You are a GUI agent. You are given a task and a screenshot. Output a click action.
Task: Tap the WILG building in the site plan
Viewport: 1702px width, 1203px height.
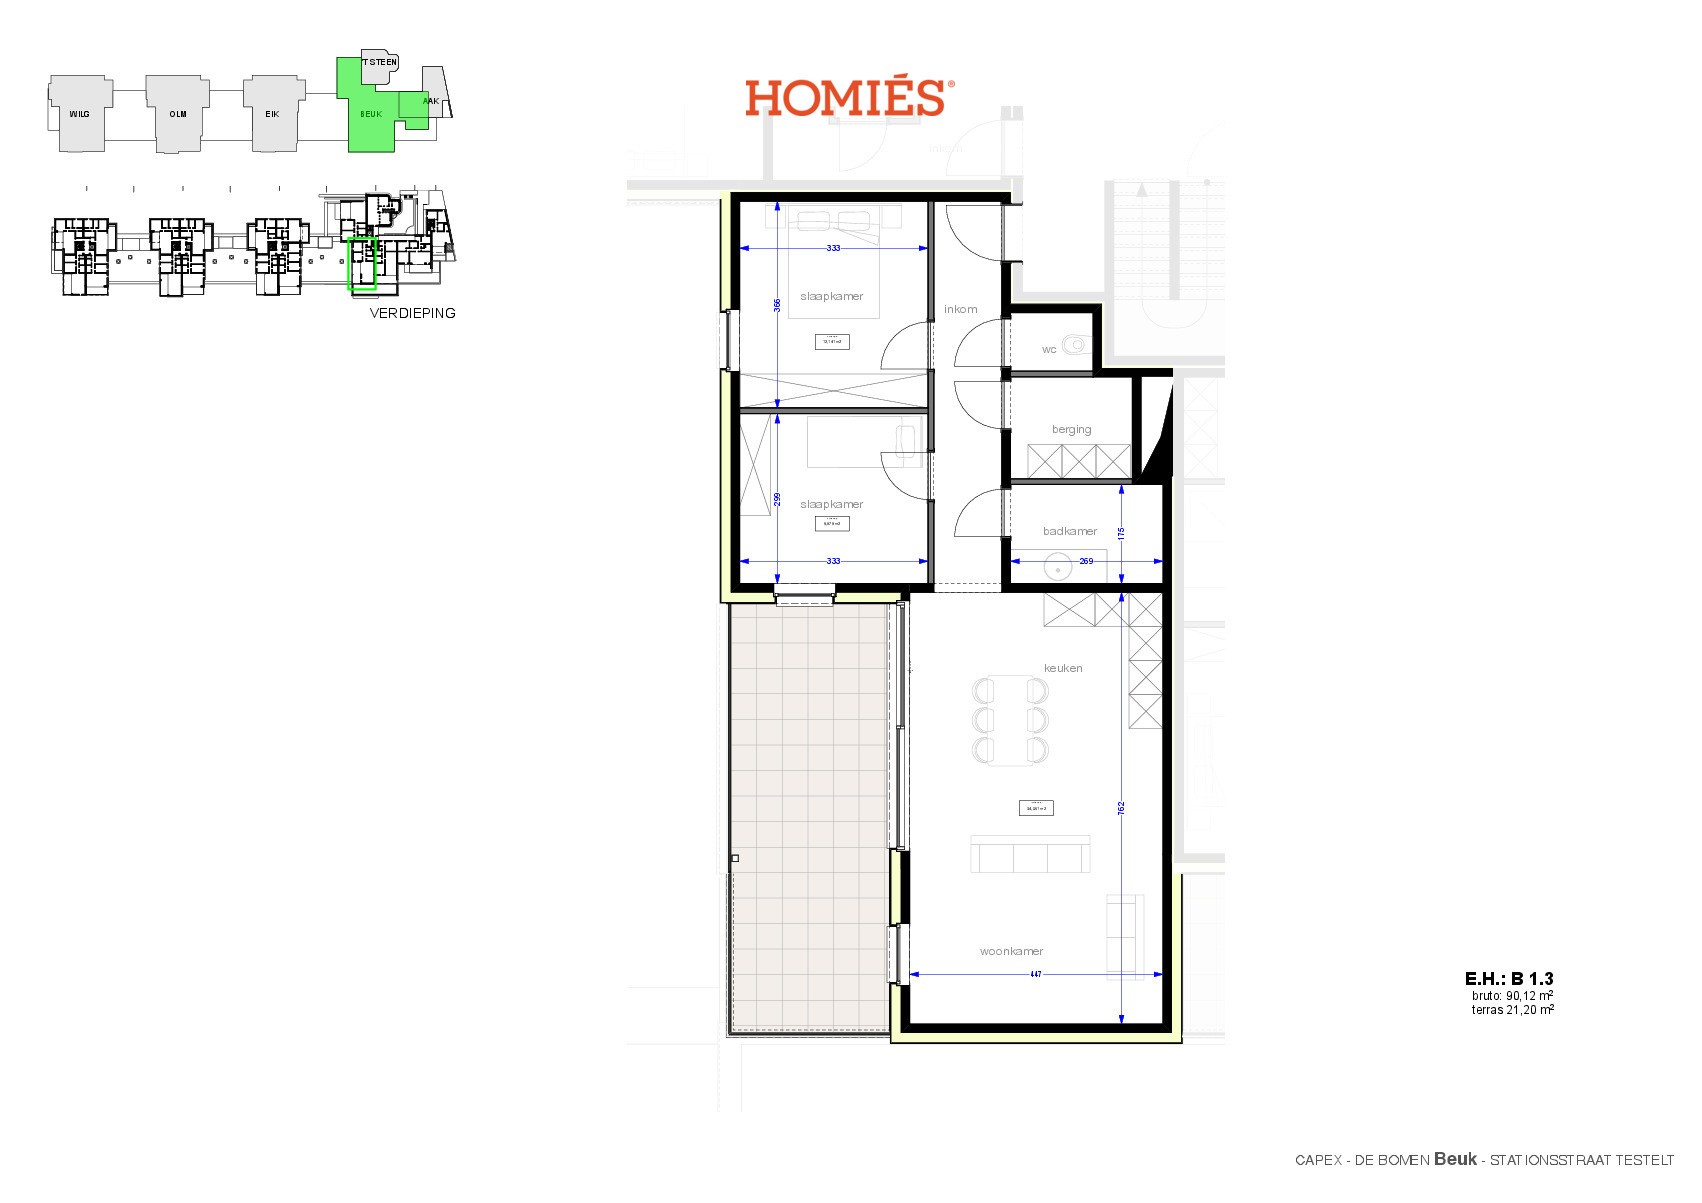tap(79, 114)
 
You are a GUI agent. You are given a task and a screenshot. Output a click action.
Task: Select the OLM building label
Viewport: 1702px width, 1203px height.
tap(177, 114)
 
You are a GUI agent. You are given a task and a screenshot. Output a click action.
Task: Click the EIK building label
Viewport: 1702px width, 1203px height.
tap(272, 114)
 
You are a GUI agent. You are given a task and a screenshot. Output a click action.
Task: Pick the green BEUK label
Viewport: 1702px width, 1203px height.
tap(371, 114)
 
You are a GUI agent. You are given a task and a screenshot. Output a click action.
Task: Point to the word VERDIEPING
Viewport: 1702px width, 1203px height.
tap(412, 313)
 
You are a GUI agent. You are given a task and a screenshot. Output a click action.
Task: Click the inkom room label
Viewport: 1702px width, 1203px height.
tap(960, 309)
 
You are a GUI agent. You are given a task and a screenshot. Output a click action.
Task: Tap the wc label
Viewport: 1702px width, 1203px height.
tap(1049, 349)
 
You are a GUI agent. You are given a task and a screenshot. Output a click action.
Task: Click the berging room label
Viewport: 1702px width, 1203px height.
tap(1071, 429)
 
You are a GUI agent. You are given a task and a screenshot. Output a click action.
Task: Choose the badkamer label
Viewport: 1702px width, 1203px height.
tap(1070, 531)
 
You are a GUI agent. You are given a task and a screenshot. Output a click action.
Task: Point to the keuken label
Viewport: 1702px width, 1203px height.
tap(1063, 668)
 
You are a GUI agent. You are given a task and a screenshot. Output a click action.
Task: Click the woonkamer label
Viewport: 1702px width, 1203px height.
tap(1011, 951)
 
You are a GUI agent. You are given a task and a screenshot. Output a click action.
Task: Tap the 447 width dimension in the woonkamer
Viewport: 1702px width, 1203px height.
tap(1036, 974)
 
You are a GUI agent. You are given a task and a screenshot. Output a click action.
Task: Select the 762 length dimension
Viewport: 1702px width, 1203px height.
tap(1122, 807)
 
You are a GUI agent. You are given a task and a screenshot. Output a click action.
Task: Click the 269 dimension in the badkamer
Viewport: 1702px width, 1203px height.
tap(1086, 561)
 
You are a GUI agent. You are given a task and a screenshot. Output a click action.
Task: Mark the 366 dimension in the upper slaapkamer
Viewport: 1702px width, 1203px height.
tap(777, 306)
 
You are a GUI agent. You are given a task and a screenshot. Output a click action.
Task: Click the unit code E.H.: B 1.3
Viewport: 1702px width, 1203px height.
tap(1508, 979)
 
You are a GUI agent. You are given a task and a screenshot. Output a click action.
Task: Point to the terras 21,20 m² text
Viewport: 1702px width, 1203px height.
tap(1512, 1010)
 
